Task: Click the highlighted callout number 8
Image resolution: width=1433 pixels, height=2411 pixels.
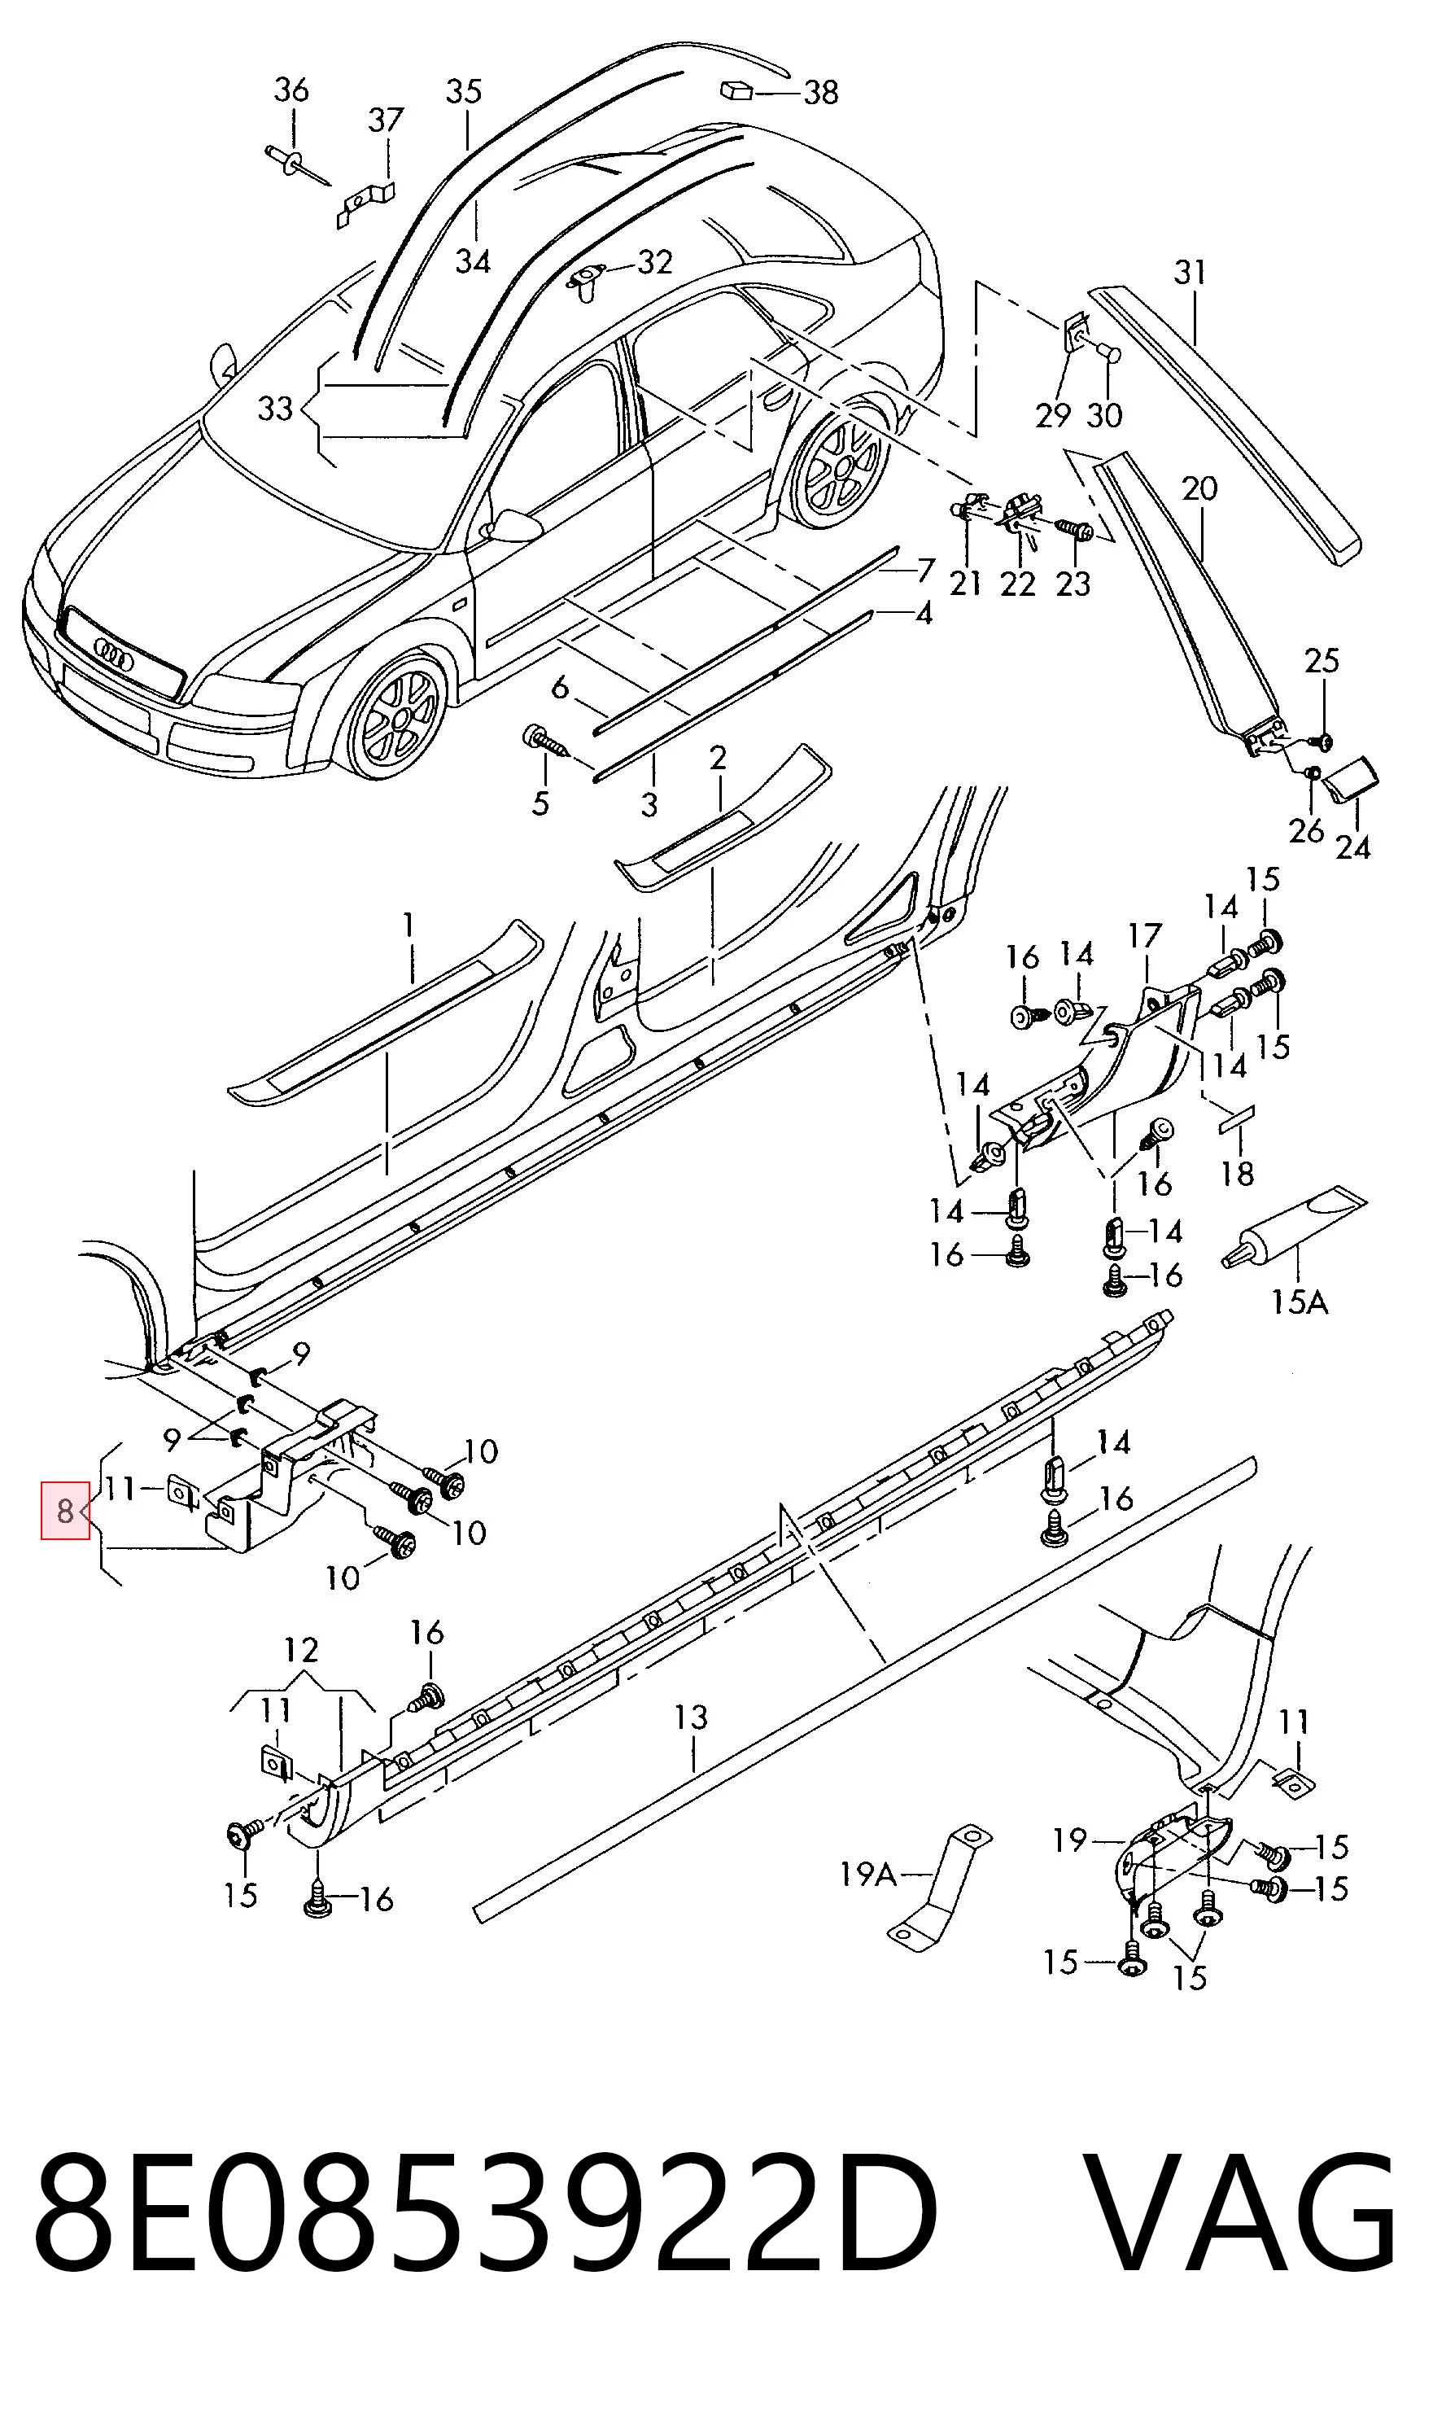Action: [65, 1511]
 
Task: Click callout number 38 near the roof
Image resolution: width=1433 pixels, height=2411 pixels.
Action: [821, 93]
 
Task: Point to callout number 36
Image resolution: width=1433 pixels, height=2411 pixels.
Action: [291, 90]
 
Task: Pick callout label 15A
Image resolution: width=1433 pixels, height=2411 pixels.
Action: [1299, 1303]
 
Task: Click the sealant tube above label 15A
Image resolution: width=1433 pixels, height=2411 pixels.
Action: [1294, 1226]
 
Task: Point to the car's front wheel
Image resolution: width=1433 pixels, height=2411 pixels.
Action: [397, 718]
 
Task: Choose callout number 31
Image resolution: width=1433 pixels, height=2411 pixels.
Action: [1190, 273]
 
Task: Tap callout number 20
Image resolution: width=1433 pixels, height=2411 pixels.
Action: [1199, 488]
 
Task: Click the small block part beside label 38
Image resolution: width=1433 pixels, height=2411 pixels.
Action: [736, 91]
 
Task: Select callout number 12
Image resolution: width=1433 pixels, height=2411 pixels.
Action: [301, 1649]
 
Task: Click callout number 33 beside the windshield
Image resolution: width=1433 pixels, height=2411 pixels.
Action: [274, 408]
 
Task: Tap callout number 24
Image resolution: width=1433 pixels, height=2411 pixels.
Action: [1353, 847]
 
